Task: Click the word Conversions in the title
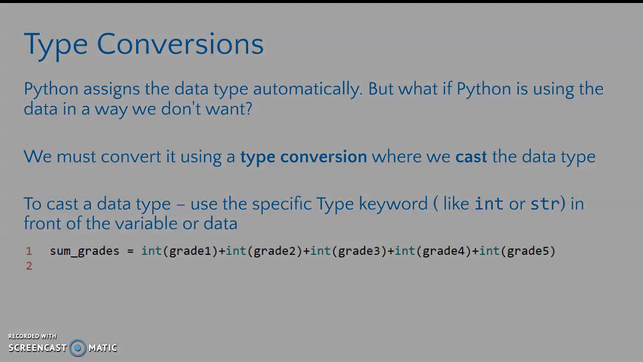pos(180,44)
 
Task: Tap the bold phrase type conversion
pos(303,157)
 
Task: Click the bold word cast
pos(471,157)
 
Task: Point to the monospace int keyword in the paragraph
pos(489,204)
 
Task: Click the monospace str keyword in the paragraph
pos(545,204)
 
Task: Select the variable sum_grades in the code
pos(84,251)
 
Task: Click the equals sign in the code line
pos(131,251)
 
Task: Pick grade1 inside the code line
pos(190,251)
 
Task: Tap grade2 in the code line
pos(274,251)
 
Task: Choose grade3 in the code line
pos(359,251)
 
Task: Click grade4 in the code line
pos(443,251)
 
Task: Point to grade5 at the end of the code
pos(527,251)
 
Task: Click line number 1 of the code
pos(29,251)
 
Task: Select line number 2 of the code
pos(29,266)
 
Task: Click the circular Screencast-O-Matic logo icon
pos(78,348)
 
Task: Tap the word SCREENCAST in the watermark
pos(38,348)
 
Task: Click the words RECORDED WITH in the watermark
pos(32,336)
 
